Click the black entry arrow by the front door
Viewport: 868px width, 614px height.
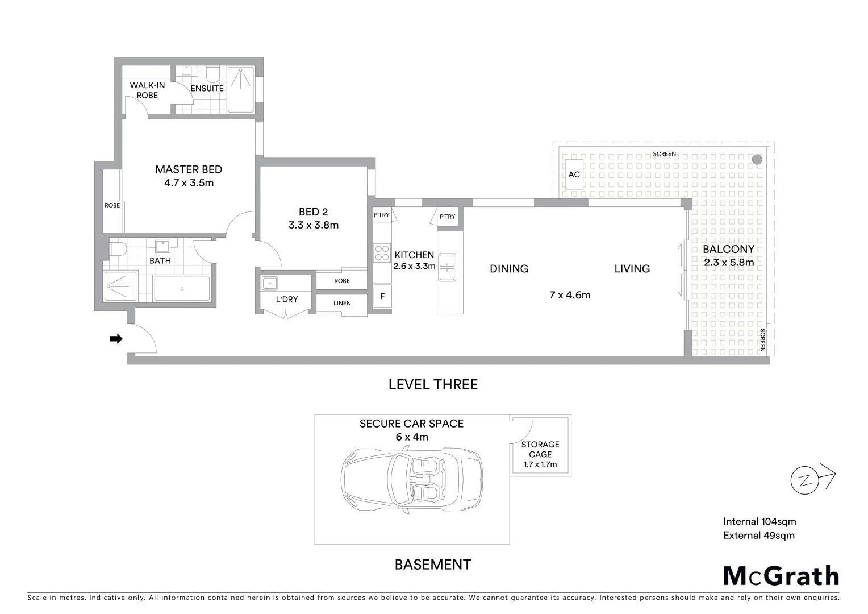[116, 339]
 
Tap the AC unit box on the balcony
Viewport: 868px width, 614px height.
[574, 174]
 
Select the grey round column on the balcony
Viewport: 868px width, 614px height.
[757, 160]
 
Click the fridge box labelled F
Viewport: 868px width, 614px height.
[382, 296]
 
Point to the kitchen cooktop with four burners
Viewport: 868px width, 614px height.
[382, 253]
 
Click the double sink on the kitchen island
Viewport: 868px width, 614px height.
[446, 267]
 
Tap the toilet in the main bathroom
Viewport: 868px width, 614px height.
[118, 248]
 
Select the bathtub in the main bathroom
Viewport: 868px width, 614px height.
[182, 289]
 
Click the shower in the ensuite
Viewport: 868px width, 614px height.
[241, 89]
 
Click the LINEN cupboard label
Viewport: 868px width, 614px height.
[342, 303]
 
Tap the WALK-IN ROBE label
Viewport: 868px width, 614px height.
[147, 90]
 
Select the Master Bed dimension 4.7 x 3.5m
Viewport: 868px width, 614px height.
[189, 183]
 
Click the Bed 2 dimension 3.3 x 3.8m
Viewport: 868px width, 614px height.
[314, 225]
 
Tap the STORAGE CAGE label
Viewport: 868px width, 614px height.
[540, 449]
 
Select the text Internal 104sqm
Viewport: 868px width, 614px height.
[759, 521]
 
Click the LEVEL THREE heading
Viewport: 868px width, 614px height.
[433, 385]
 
